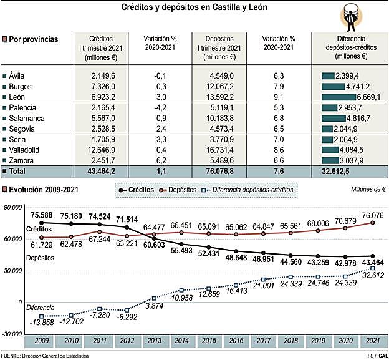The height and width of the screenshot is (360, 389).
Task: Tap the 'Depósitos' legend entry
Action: pos(183,189)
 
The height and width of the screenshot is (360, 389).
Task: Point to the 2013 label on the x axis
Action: pos(153,341)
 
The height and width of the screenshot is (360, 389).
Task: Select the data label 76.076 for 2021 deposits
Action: pos(372,215)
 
